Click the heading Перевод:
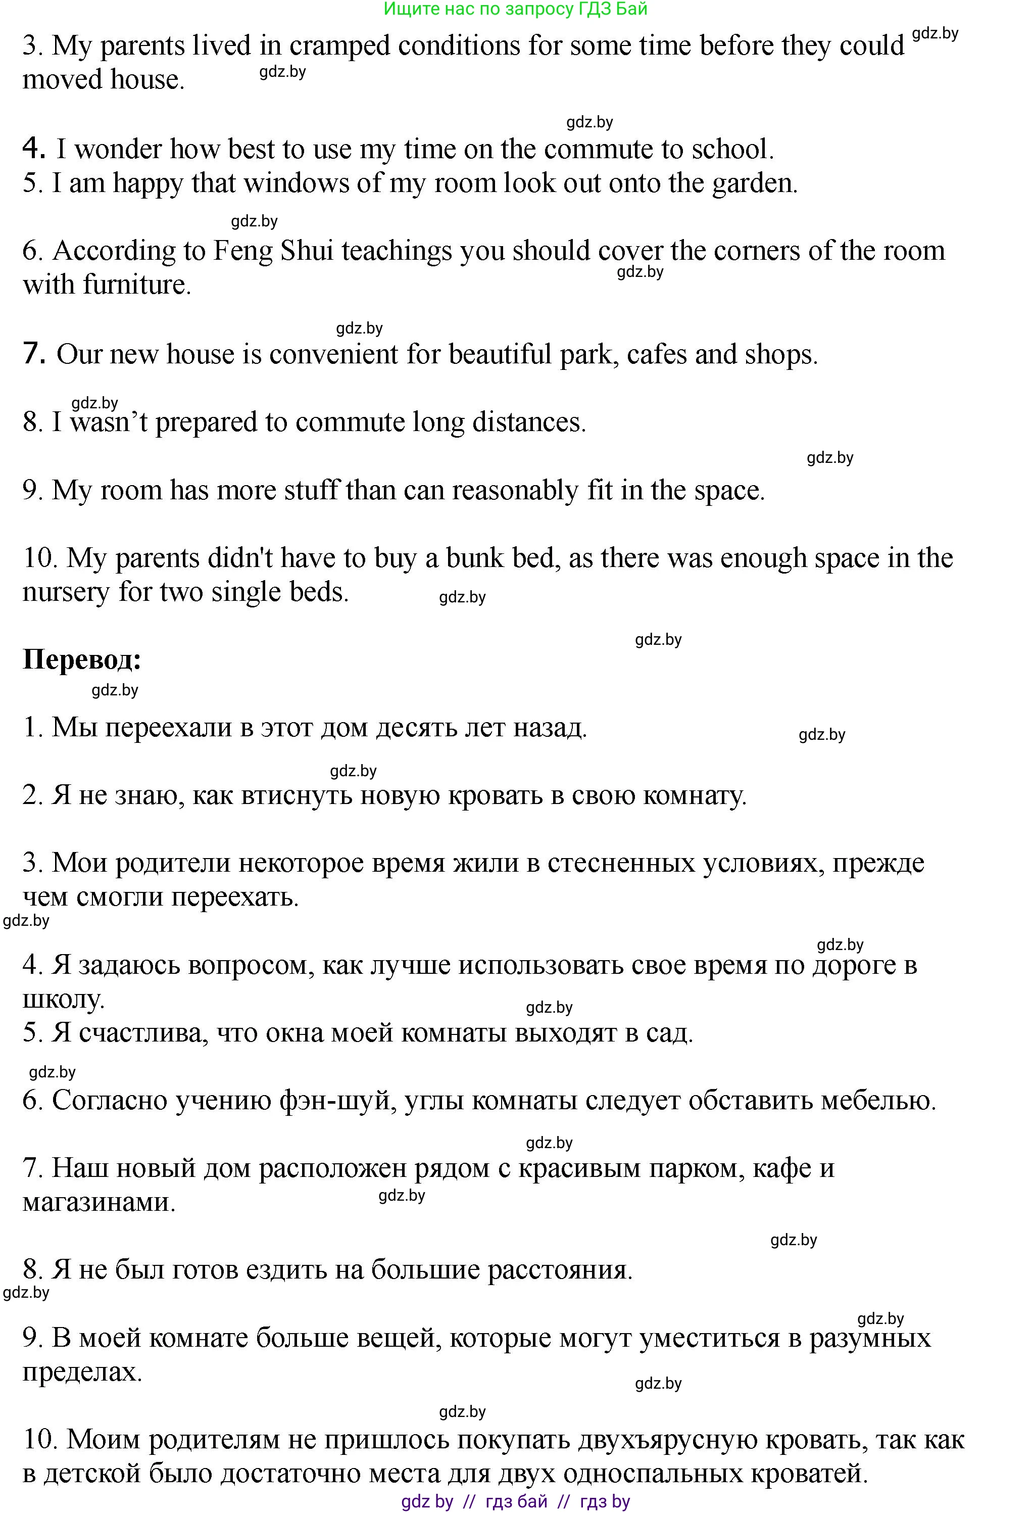82,660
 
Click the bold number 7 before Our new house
34,354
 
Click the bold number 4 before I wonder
34,149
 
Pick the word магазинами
99,1202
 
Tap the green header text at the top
516,9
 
